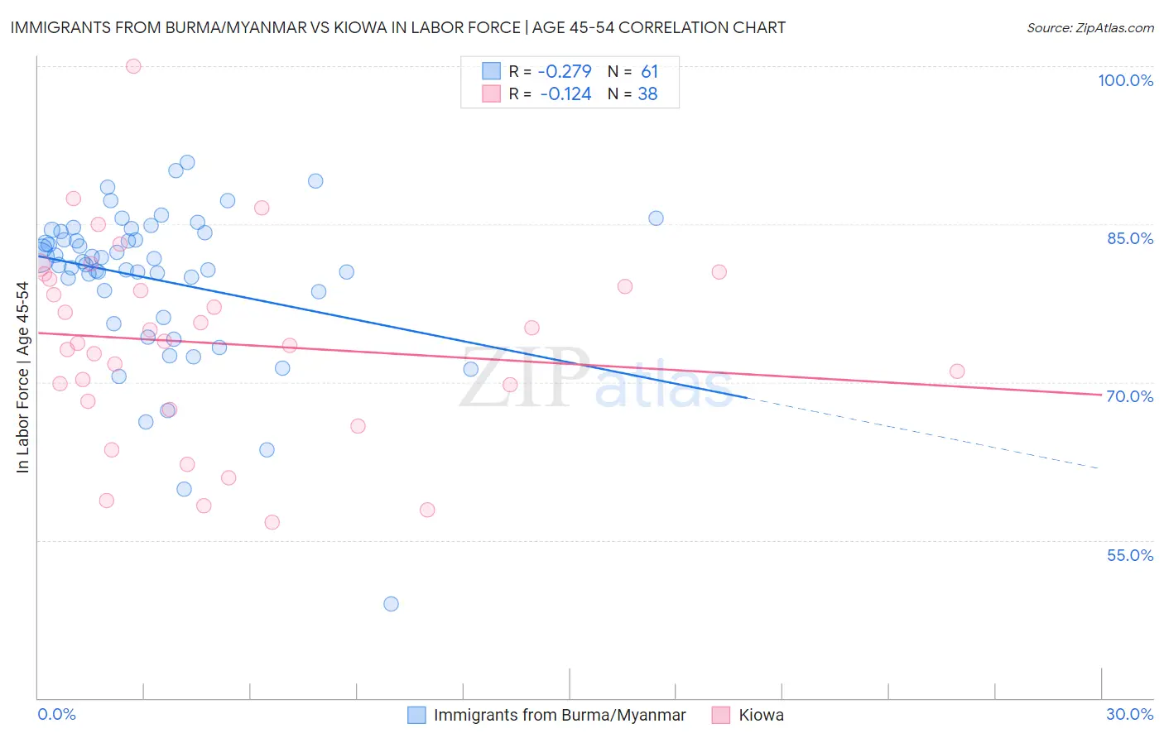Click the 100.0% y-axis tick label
tap(1125, 80)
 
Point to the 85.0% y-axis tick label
tap(1130, 238)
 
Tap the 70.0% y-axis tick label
tap(1130, 396)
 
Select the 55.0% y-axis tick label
tap(1130, 555)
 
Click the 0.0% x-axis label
tap(56, 714)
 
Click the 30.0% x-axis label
tap(1129, 714)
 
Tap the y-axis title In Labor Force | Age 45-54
tap(22, 377)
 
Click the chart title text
tap(397, 27)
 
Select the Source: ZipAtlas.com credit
tap(1089, 27)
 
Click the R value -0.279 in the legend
tap(565, 72)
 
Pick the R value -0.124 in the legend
tap(565, 94)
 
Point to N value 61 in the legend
tap(649, 72)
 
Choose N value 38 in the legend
tap(647, 94)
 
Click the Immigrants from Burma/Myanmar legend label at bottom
tap(560, 715)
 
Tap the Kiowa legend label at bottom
tap(761, 715)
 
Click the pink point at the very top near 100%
tap(133, 66)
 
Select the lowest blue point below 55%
tap(391, 604)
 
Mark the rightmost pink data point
tap(957, 371)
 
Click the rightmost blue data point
tap(656, 218)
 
